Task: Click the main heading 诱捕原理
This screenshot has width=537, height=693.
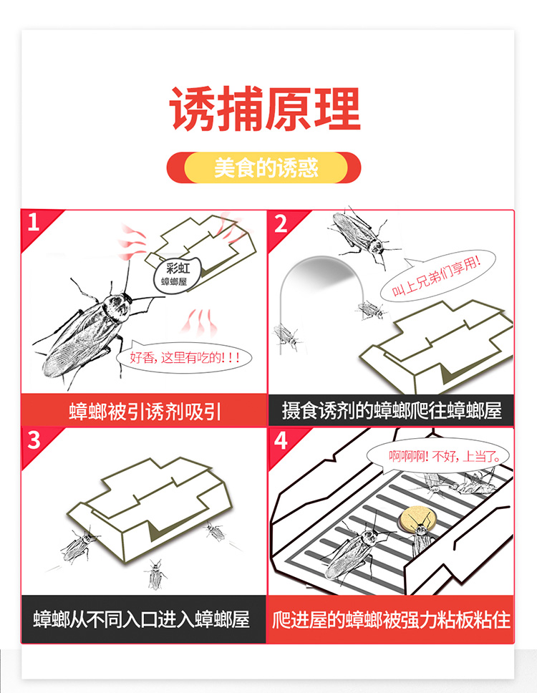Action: [265, 109]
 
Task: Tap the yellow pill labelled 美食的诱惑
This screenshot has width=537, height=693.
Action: [265, 168]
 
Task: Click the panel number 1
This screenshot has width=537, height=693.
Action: [34, 222]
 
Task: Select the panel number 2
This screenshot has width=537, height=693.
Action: [281, 224]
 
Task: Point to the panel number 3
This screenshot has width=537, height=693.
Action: [34, 440]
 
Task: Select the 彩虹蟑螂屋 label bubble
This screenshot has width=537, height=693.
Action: [178, 274]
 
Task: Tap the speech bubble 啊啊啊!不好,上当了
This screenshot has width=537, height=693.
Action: [437, 455]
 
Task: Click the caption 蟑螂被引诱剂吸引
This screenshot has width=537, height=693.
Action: [144, 411]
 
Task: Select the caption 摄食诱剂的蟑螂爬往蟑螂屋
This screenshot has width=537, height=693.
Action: [392, 411]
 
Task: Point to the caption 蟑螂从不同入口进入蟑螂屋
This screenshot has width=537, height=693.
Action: [142, 619]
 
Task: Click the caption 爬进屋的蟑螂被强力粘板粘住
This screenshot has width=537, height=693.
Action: [391, 619]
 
